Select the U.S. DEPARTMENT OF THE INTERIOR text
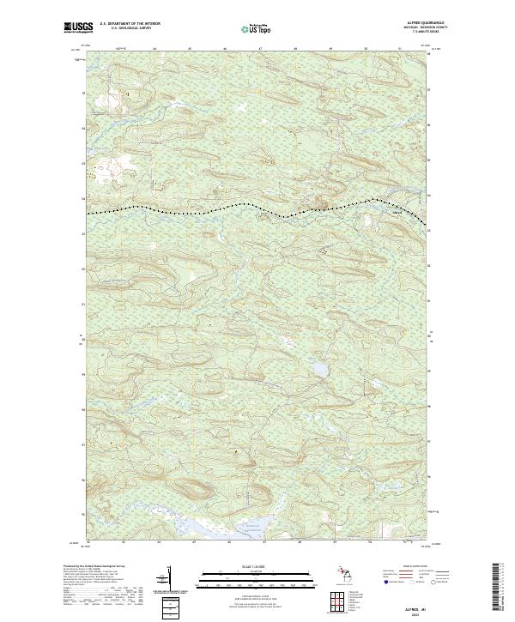pos(130,25)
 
